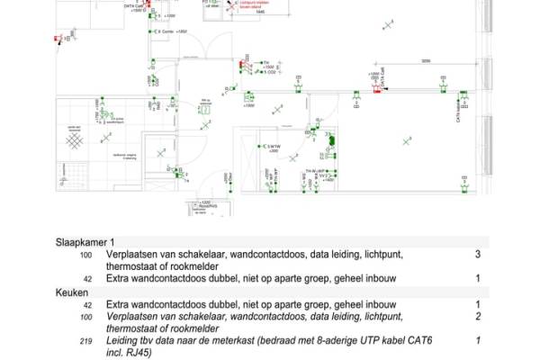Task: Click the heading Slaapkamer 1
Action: pyautogui.click(x=85, y=243)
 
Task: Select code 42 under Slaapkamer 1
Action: pyautogui.click(x=87, y=279)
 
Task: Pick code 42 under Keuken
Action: pyautogui.click(x=87, y=305)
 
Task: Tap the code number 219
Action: pyautogui.click(x=86, y=341)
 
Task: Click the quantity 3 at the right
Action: pyautogui.click(x=478, y=255)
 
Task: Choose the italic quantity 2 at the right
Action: pyautogui.click(x=478, y=317)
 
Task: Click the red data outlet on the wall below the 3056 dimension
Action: pyautogui.click(x=376, y=90)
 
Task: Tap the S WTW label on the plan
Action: pyautogui.click(x=271, y=148)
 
